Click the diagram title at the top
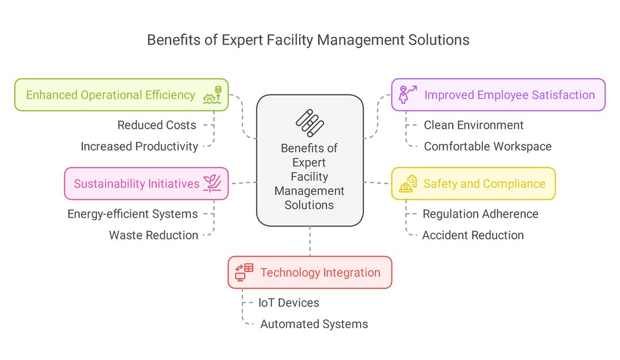(308, 40)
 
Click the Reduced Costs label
(157, 125)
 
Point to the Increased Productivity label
(139, 146)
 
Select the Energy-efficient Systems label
(133, 214)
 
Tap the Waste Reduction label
(154, 235)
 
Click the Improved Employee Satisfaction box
(498, 95)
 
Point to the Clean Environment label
(474, 125)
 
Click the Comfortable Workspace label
(487, 146)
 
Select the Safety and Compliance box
(473, 184)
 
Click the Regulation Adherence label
(480, 214)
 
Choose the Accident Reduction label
(473, 235)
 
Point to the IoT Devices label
(288, 303)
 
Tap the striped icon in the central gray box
(310, 122)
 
